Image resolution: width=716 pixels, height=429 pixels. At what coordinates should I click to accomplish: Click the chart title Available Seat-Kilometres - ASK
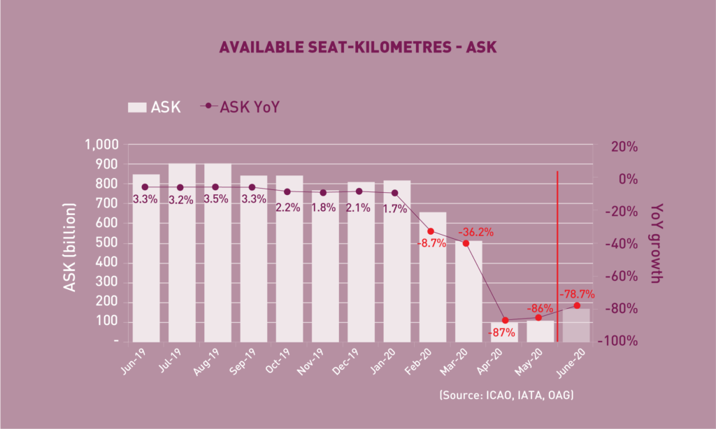357,48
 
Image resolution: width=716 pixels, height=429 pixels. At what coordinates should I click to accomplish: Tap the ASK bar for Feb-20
432,279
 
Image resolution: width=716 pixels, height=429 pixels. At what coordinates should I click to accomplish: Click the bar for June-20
576,325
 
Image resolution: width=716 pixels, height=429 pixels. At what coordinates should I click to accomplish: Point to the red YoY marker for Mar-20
466,243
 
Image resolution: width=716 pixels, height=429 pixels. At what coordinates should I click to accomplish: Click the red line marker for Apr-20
504,320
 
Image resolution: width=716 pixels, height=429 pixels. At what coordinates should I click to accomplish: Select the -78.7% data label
577,294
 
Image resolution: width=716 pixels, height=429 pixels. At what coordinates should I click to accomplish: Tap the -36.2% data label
475,231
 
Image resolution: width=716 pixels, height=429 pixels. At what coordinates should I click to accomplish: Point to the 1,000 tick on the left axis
102,145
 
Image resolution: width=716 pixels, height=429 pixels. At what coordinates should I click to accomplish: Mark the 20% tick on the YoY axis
624,147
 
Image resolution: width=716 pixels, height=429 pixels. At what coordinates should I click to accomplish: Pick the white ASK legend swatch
137,107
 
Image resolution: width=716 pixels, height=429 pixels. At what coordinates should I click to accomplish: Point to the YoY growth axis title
656,243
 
